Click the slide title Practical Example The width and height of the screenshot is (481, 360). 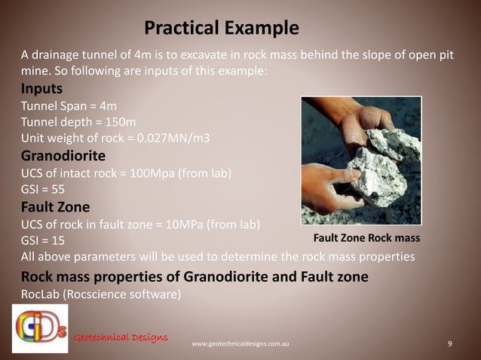coord(221,29)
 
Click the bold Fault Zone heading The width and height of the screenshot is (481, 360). coord(55,206)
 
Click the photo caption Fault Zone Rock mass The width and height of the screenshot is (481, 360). coord(366,238)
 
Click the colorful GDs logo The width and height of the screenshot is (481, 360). coord(40,328)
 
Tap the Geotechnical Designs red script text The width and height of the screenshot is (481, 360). coord(121,336)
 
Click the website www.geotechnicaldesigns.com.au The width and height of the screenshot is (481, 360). coord(240,344)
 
